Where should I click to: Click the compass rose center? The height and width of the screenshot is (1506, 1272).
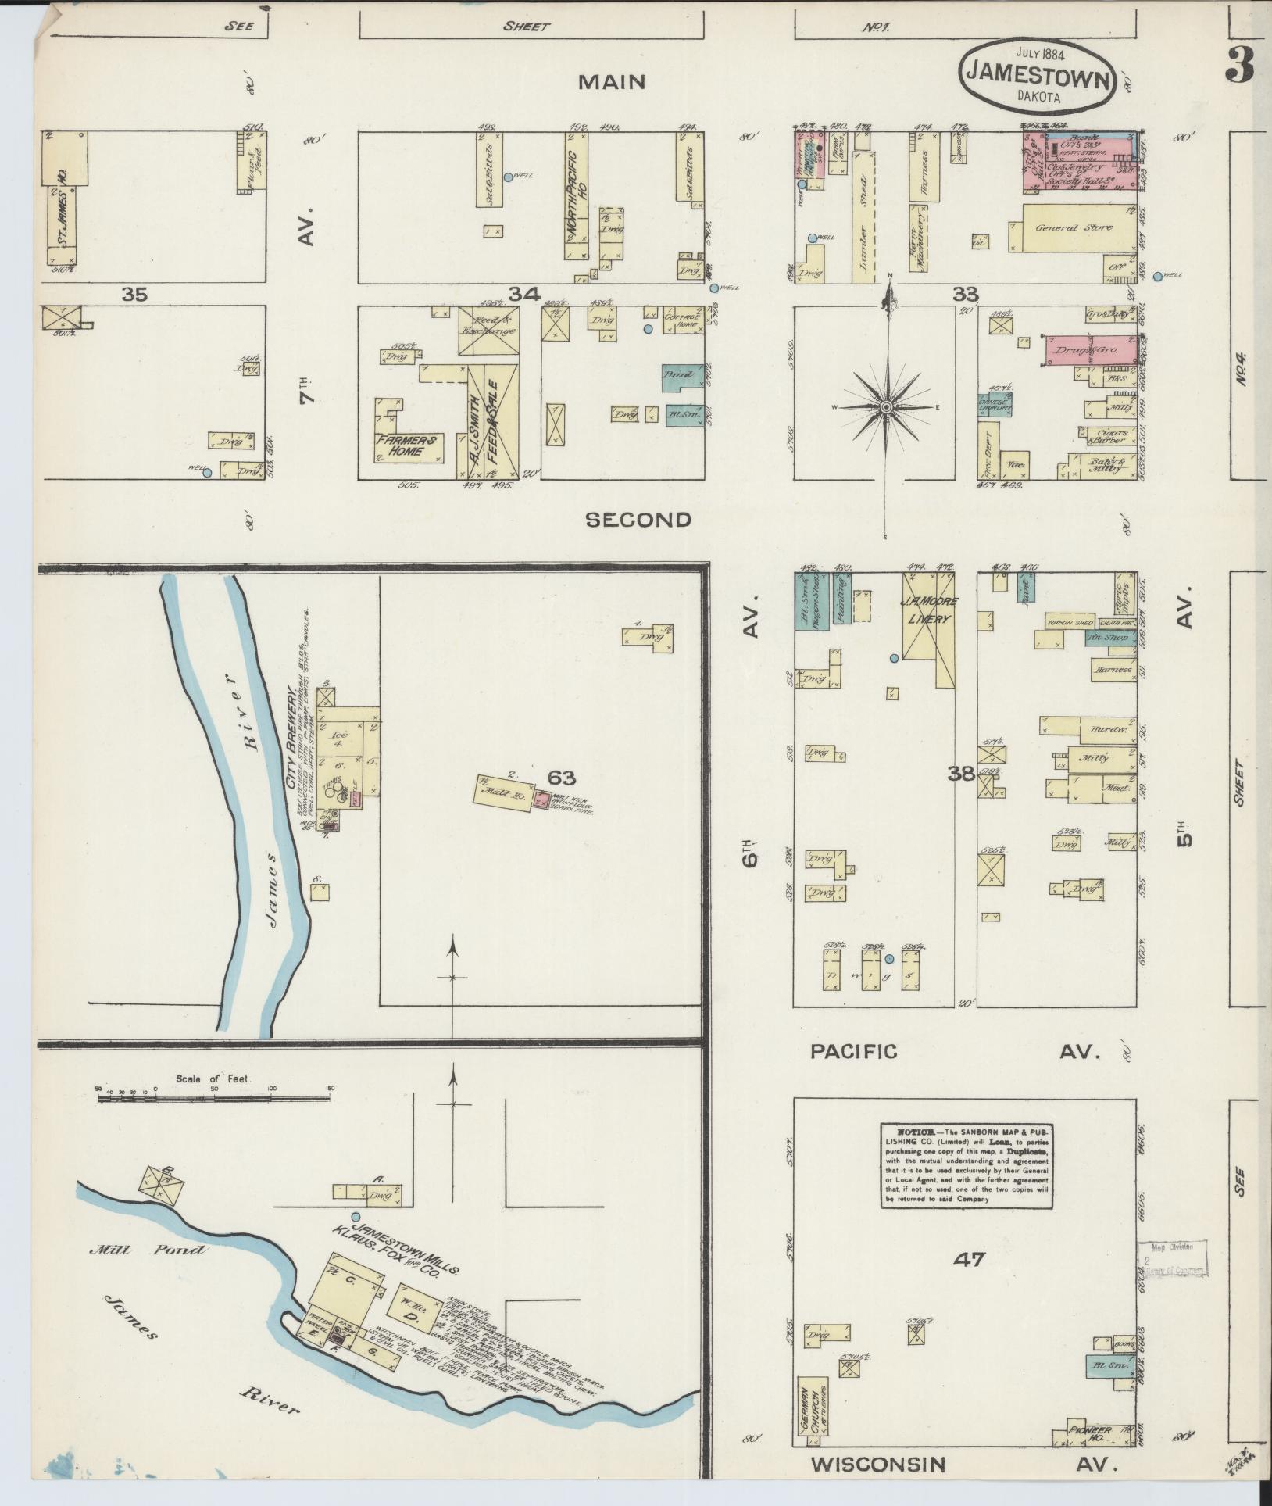pos(887,408)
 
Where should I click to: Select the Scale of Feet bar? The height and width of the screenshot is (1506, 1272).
pos(216,1097)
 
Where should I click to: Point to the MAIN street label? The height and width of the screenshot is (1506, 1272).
pos(612,81)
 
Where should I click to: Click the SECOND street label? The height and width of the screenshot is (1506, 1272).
pos(638,520)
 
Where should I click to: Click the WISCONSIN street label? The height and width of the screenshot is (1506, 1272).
pos(877,1464)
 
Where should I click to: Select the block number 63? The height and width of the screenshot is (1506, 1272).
pos(562,778)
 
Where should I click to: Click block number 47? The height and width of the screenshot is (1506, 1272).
pos(969,1259)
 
